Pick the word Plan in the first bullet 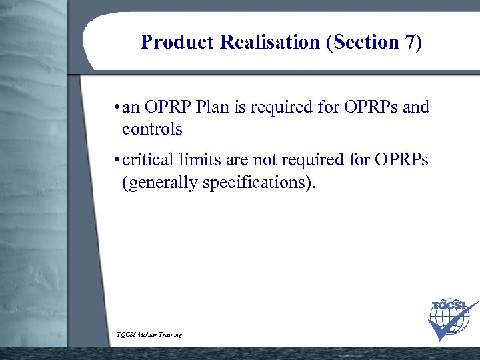tap(211, 107)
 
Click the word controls tap(152, 129)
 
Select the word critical tap(147, 160)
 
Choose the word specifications tap(254, 181)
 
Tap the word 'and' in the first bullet tap(417, 107)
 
